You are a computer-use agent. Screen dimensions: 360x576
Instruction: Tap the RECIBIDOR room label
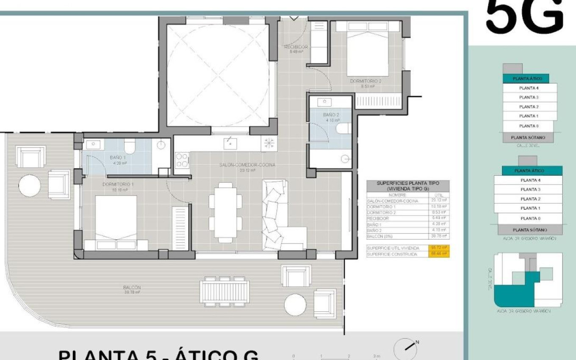[x=296, y=47]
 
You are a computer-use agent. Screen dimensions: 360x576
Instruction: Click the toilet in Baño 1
[x=129, y=147]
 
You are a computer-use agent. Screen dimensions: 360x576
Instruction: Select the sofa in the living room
[x=280, y=216]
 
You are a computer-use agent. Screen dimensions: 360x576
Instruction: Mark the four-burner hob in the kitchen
[x=182, y=160]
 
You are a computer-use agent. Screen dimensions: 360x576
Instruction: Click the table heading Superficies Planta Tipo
[x=407, y=186]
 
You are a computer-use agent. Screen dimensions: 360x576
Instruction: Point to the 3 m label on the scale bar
[x=376, y=356]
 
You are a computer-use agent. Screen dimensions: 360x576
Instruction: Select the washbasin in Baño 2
[x=326, y=102]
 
